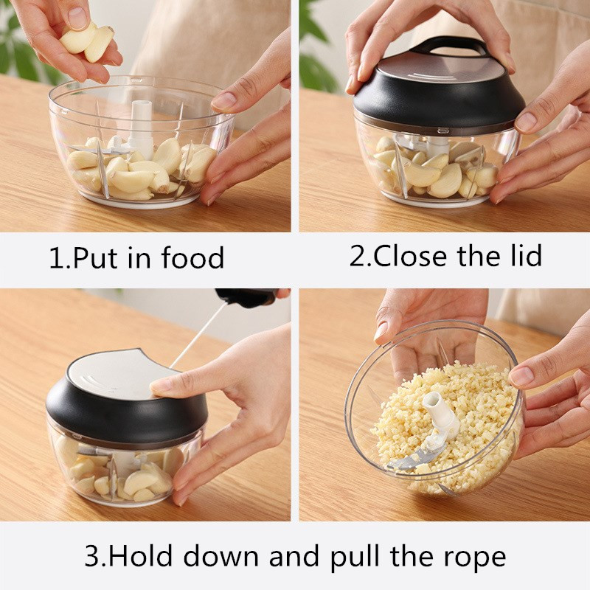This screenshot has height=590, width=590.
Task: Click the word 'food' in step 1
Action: click(192, 257)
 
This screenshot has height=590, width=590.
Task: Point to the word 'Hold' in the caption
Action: click(142, 556)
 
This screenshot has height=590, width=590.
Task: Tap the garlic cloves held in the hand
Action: click(88, 41)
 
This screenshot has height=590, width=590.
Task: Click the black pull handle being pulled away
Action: click(249, 296)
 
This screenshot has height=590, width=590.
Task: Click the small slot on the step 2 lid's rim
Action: click(443, 131)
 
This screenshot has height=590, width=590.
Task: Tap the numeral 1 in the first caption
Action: click(58, 257)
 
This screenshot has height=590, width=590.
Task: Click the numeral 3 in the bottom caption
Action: click(92, 557)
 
